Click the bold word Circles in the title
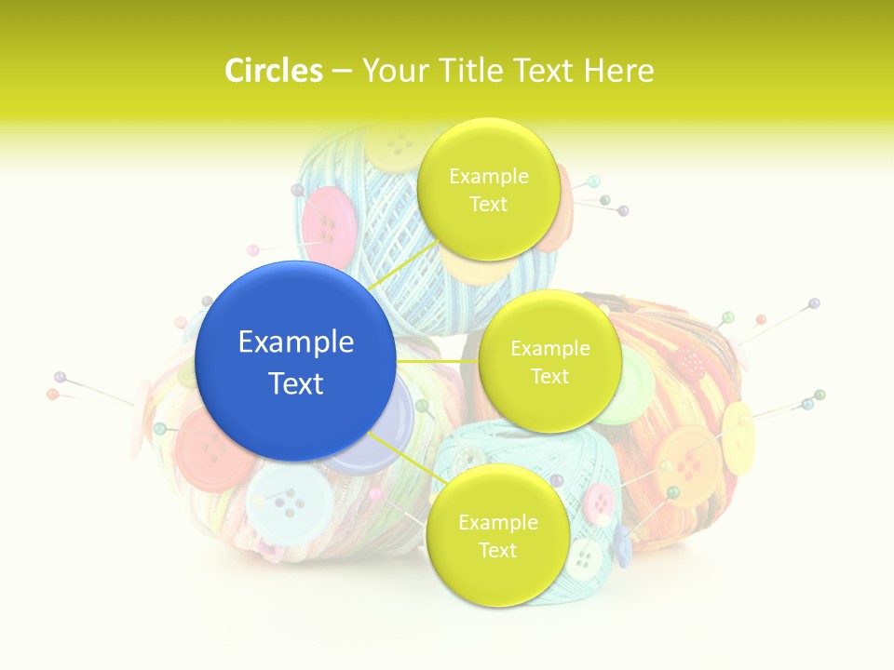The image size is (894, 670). (x=273, y=71)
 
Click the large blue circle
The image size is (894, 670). (x=295, y=361)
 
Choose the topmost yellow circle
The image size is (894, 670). (x=488, y=190)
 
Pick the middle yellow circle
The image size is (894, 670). (x=549, y=362)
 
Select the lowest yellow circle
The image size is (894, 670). (x=497, y=536)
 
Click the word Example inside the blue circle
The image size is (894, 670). (x=296, y=342)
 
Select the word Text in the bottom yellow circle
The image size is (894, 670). (x=497, y=550)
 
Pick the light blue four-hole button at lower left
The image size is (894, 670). (x=289, y=503)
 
